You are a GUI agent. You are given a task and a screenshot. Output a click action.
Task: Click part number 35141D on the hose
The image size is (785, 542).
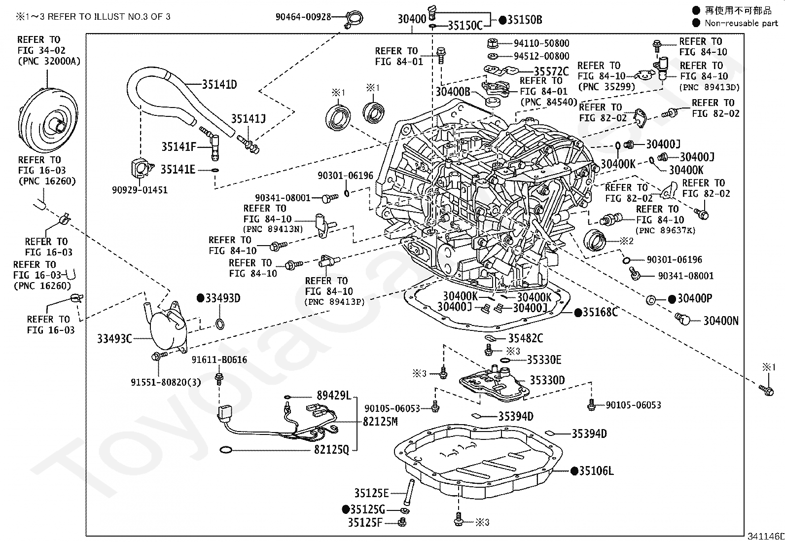219,84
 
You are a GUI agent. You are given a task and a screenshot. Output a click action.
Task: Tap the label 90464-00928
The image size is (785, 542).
303,17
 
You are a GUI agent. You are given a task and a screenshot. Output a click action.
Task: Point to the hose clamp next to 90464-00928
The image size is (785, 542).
354,19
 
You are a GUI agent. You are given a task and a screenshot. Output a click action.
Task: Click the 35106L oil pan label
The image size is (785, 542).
596,471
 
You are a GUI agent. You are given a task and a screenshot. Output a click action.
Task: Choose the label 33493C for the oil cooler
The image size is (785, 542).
114,339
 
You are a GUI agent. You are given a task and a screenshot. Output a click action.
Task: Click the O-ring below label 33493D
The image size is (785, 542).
220,325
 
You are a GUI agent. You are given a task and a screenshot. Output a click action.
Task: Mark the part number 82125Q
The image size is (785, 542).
331,449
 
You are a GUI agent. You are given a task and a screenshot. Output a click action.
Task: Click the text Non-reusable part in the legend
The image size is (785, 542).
741,23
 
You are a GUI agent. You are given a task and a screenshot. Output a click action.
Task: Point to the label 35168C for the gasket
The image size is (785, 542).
600,312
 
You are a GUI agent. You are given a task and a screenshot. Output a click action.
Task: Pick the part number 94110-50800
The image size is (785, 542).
541,43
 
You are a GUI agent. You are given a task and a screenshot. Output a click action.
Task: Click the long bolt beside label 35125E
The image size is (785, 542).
410,492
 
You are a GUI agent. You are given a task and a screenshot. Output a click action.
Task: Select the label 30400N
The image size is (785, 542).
721,321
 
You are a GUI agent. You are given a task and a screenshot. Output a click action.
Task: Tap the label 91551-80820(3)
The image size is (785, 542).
166,382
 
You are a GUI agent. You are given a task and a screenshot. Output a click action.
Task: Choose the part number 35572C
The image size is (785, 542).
551,72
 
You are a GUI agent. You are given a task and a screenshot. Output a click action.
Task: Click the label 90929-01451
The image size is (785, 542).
140,190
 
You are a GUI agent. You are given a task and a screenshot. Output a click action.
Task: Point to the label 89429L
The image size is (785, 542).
334,396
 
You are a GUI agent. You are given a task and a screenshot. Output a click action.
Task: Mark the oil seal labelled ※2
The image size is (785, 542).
595,241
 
